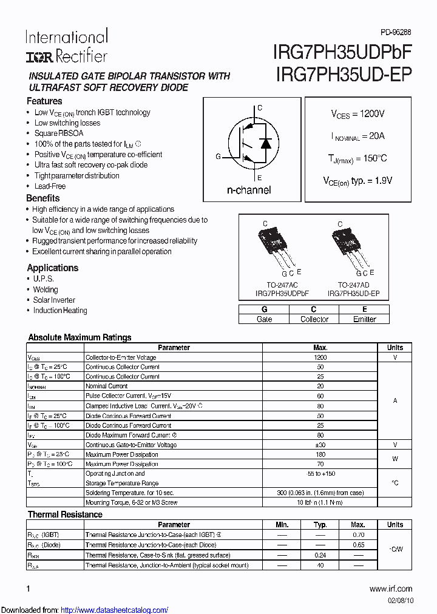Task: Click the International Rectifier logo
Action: [x=66, y=46]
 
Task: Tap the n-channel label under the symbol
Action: [x=249, y=190]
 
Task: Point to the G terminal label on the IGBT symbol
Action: [x=218, y=157]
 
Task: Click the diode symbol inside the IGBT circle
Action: [x=265, y=144]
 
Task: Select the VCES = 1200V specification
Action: [x=357, y=114]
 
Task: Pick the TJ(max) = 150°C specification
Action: [x=357, y=159]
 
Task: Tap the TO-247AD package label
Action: [x=353, y=285]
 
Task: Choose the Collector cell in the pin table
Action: [x=314, y=319]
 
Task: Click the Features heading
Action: [x=44, y=101]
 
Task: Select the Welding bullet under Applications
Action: [x=46, y=289]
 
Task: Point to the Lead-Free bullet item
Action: [x=50, y=186]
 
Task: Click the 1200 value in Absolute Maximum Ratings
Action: [x=320, y=357]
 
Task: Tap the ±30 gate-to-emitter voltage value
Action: [x=320, y=445]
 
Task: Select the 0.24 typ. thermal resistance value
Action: [x=320, y=555]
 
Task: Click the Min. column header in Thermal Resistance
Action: [x=282, y=525]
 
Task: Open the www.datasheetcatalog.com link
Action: [x=115, y=610]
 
